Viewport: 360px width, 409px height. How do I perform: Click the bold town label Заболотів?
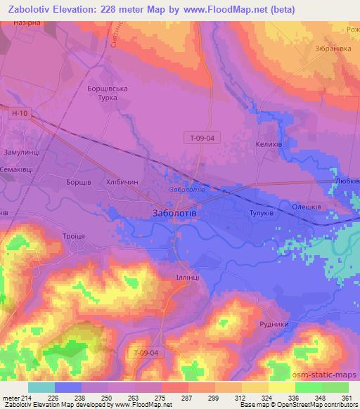tap(175, 212)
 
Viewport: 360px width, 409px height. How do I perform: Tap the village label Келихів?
tap(271, 142)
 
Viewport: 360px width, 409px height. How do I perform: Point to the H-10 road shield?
tap(20, 112)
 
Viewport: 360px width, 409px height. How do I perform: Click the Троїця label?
tap(72, 236)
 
